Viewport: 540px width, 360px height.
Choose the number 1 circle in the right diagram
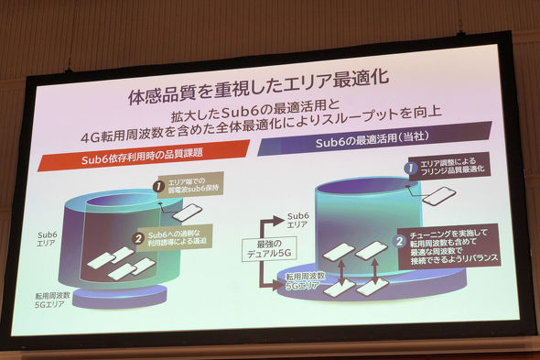412,167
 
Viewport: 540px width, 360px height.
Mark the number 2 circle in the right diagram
400,242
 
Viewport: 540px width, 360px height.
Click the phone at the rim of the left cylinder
188,213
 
